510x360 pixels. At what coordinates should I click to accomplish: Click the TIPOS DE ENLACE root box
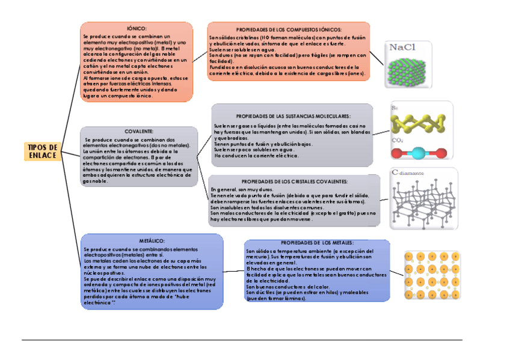click(x=43, y=151)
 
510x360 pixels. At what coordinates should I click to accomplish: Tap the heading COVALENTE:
click(x=139, y=130)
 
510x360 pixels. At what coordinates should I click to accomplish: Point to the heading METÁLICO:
click(x=147, y=240)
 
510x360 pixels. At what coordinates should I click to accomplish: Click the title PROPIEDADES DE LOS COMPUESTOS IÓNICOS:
click(x=289, y=29)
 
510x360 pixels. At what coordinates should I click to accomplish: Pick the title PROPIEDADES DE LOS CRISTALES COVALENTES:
click(x=295, y=181)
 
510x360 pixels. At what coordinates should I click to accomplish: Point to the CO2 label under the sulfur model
click(x=398, y=141)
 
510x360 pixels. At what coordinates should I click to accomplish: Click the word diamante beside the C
click(x=413, y=174)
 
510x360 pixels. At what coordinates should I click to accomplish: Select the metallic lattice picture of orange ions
click(x=432, y=275)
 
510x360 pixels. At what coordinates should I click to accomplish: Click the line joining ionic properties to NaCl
click(x=377, y=58)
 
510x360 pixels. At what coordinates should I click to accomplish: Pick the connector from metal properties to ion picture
click(x=398, y=273)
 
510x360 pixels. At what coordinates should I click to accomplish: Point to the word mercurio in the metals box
click(x=257, y=256)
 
